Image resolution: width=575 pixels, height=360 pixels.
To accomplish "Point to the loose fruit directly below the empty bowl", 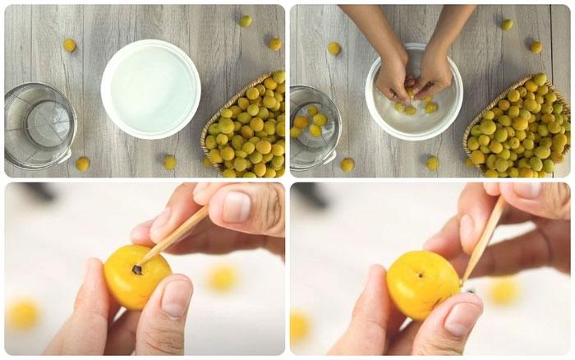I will (x=169, y=162).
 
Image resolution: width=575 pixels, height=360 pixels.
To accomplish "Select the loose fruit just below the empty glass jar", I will (x=82, y=164).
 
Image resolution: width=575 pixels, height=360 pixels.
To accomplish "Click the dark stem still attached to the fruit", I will (x=137, y=269).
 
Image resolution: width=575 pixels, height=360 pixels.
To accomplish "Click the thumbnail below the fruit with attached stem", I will (x=175, y=298).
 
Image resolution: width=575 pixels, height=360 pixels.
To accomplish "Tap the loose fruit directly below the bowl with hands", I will (x=432, y=163).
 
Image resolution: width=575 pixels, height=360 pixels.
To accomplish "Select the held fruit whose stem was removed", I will (x=422, y=284).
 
